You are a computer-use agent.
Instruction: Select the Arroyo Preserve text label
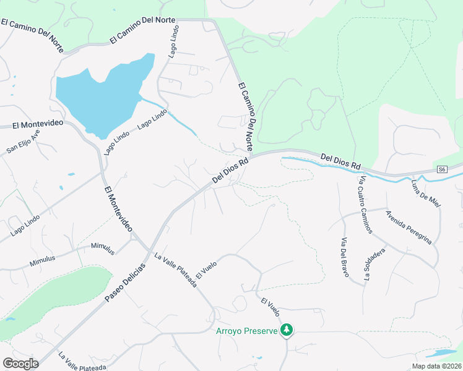246,331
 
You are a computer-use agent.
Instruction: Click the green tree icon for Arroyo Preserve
286,330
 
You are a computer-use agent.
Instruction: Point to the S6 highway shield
441,169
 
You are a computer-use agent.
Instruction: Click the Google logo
20,364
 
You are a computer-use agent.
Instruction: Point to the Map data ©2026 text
437,365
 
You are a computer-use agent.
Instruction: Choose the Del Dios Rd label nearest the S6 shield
340,162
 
